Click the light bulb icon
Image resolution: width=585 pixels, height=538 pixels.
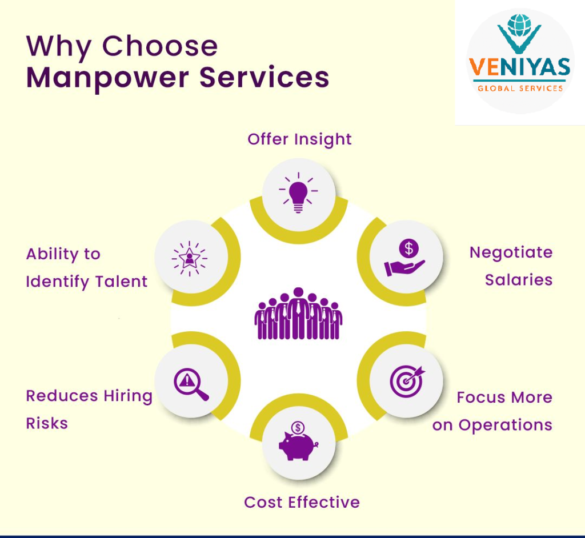[298, 192]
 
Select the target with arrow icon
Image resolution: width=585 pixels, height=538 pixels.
[407, 380]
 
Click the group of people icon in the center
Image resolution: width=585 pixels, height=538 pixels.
[298, 314]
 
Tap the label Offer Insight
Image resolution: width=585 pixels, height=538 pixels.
[299, 139]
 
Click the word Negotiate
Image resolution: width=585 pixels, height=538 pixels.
[511, 253]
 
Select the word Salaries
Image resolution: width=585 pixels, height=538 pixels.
[518, 280]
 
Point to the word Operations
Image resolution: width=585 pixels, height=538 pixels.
[505, 425]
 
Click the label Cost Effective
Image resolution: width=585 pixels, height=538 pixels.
[302, 503]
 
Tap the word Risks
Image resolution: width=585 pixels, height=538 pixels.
[47, 423]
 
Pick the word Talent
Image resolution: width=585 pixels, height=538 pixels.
[121, 282]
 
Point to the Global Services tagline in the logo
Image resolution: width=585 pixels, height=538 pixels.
[519, 88]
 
